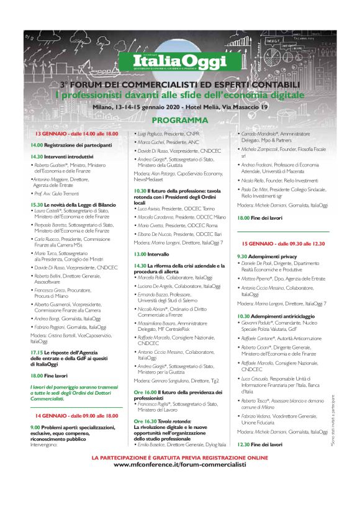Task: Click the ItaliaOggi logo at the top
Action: (x=179, y=61)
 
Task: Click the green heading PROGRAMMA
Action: (x=179, y=119)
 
